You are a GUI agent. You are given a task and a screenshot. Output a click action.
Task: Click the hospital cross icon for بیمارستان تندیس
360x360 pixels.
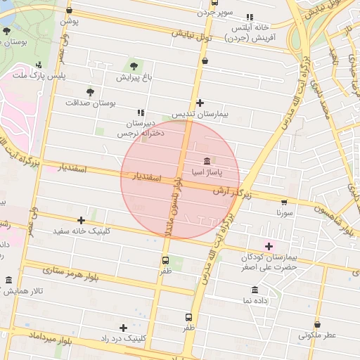pyautogui.click(x=200, y=103)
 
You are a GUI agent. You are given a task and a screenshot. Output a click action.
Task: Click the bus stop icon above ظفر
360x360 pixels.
pyautogui.click(x=188, y=317)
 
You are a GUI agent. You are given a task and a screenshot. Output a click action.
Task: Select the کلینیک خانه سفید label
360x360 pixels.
pyautogui.click(x=82, y=231)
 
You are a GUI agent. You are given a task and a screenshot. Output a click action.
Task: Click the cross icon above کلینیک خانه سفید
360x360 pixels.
pyautogui.click(x=82, y=220)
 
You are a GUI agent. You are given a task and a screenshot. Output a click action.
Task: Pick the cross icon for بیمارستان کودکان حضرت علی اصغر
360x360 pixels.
pyautogui.click(x=269, y=246)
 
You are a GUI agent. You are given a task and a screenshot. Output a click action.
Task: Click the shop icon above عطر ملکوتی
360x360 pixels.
pyautogui.click(x=317, y=325)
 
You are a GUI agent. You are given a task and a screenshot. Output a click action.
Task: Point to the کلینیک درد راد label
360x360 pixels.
pyautogui.click(x=124, y=338)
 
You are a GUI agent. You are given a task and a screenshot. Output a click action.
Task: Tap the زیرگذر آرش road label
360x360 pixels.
pyautogui.click(x=231, y=191)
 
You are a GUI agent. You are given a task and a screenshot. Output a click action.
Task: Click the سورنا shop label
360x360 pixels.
pyautogui.click(x=284, y=212)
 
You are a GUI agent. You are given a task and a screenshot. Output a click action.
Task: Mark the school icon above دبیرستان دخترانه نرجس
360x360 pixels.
pyautogui.click(x=141, y=112)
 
